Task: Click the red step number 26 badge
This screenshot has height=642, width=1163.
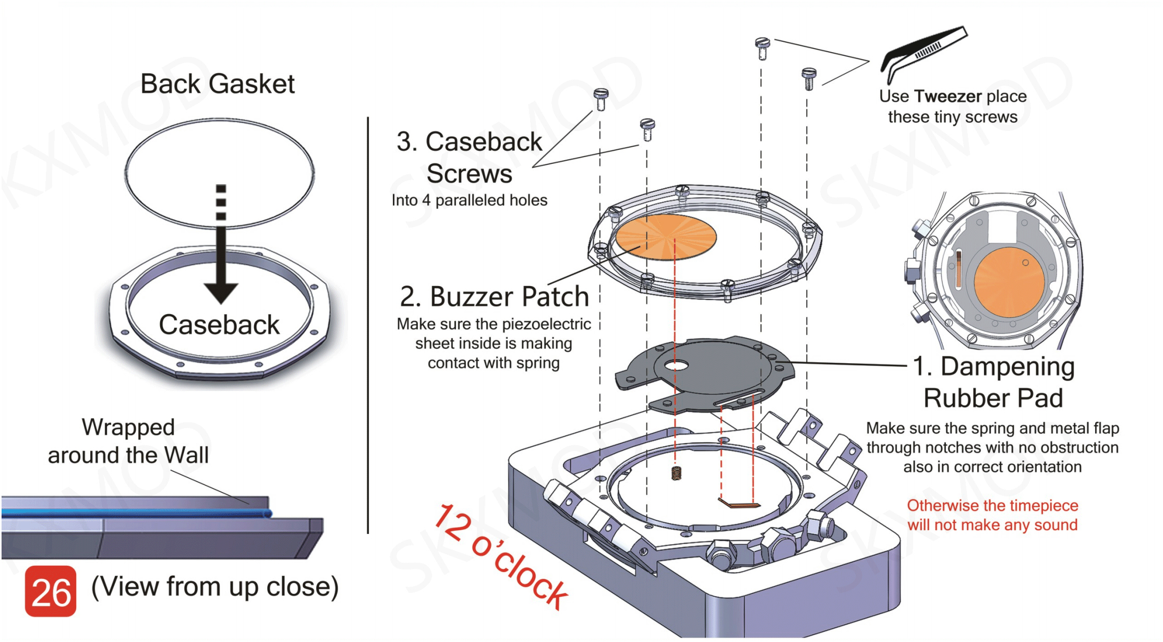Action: [51, 591]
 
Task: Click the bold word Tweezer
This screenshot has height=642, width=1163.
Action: [948, 97]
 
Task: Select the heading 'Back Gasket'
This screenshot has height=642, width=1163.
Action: [218, 84]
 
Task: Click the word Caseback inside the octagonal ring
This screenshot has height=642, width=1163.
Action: [219, 325]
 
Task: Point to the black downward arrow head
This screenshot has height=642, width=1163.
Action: [221, 293]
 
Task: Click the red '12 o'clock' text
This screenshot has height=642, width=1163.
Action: [501, 555]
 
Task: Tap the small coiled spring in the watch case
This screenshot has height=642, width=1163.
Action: [676, 473]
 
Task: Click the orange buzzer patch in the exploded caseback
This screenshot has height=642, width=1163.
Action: [665, 236]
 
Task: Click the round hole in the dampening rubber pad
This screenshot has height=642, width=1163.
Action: [677, 366]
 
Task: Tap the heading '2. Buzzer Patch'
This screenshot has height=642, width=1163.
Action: [494, 296]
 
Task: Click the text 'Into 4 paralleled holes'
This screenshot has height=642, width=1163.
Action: [469, 200]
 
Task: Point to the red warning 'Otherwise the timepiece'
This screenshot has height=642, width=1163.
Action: [992, 505]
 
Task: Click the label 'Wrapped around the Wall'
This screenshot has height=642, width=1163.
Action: [128, 441]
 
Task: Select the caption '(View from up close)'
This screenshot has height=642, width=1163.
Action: [215, 587]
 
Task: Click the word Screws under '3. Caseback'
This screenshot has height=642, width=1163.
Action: [469, 174]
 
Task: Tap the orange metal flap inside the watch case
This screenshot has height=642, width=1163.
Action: [739, 503]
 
